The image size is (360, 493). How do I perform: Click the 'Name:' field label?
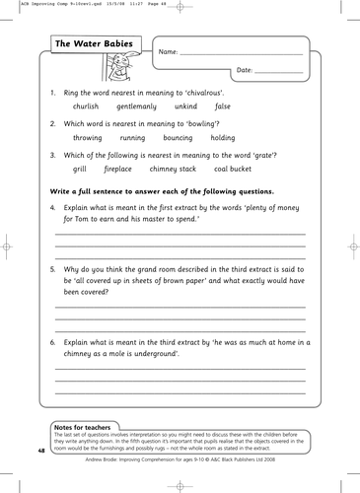(168, 51)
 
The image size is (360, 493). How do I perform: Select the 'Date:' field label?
(246, 71)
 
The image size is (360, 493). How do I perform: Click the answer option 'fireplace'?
(122, 171)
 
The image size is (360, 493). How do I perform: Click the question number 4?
(51, 207)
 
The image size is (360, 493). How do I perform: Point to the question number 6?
(51, 341)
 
